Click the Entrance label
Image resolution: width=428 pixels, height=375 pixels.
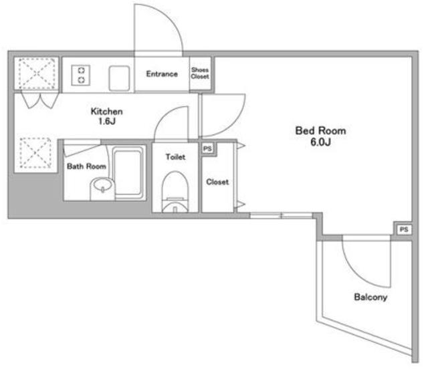click(162, 74)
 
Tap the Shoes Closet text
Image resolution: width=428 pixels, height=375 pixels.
click(200, 73)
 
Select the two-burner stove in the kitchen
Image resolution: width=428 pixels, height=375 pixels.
click(81, 75)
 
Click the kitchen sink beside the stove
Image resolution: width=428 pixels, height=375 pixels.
click(119, 78)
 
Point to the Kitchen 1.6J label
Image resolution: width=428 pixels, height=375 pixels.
click(106, 116)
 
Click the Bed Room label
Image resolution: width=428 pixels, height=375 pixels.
click(321, 131)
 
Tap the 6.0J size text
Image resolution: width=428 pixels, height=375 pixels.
click(321, 142)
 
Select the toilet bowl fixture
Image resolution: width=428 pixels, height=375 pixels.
click(175, 192)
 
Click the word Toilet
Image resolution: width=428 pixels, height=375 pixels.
click(175, 157)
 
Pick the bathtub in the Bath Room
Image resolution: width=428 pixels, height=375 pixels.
click(128, 172)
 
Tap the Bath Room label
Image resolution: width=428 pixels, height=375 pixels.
click(86, 166)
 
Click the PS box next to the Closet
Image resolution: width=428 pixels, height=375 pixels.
click(208, 149)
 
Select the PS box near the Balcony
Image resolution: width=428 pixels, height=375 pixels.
click(404, 229)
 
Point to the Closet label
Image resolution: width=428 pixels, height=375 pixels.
click(217, 182)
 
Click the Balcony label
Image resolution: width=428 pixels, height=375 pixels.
click(370, 297)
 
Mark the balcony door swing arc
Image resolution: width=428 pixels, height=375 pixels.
click(356, 273)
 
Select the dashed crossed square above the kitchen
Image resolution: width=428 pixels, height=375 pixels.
click(37, 74)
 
